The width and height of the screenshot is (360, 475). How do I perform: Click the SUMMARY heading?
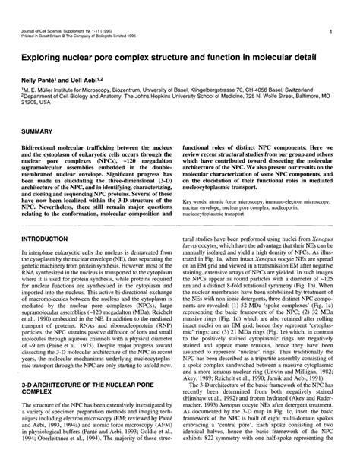click(x=44, y=131)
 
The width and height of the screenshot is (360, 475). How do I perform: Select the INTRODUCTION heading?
click(x=50, y=238)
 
